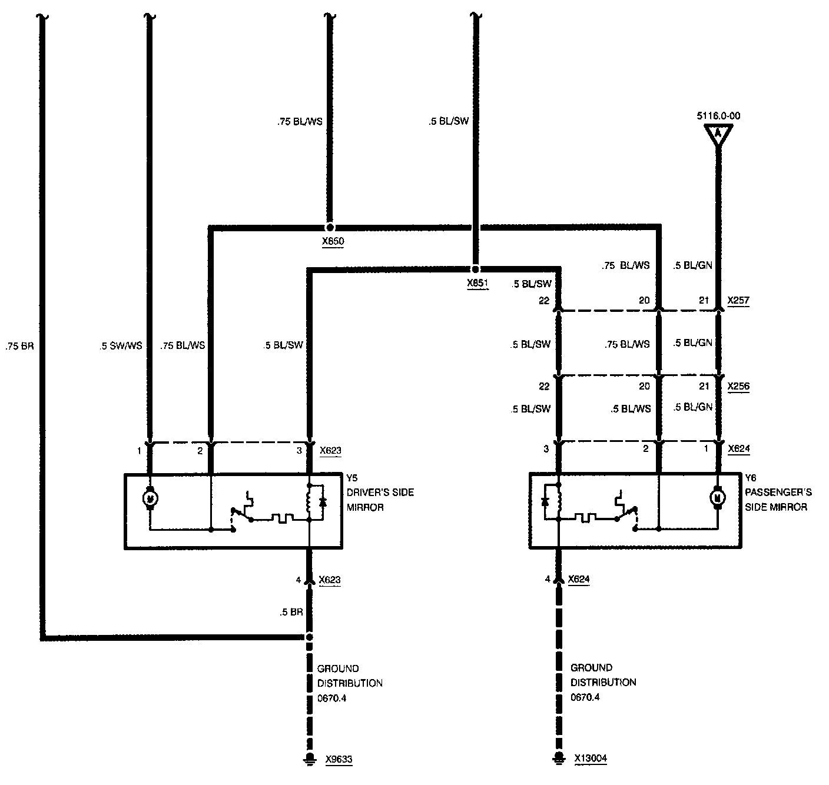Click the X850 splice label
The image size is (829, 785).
pyautogui.click(x=333, y=241)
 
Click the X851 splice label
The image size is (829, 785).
pyautogui.click(x=478, y=283)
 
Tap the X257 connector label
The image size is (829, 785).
pyautogui.click(x=738, y=301)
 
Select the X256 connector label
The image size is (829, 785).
pyautogui.click(x=738, y=387)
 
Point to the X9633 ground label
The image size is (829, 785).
pyautogui.click(x=339, y=759)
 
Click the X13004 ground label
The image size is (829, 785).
pyautogui.click(x=591, y=759)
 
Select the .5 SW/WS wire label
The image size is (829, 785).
pyautogui.click(x=121, y=346)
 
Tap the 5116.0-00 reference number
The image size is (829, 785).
pyautogui.click(x=718, y=116)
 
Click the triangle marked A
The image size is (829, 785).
pyautogui.click(x=718, y=134)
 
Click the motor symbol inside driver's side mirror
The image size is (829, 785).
pyautogui.click(x=150, y=499)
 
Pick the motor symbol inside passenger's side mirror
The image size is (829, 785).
pyautogui.click(x=718, y=498)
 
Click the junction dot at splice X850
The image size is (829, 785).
pyautogui.click(x=330, y=227)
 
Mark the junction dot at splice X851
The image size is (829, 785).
pyautogui.click(x=475, y=269)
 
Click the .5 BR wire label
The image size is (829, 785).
pyautogui.click(x=291, y=612)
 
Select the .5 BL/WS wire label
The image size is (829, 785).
pyautogui.click(x=631, y=408)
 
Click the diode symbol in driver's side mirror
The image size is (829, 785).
pyautogui.click(x=322, y=502)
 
